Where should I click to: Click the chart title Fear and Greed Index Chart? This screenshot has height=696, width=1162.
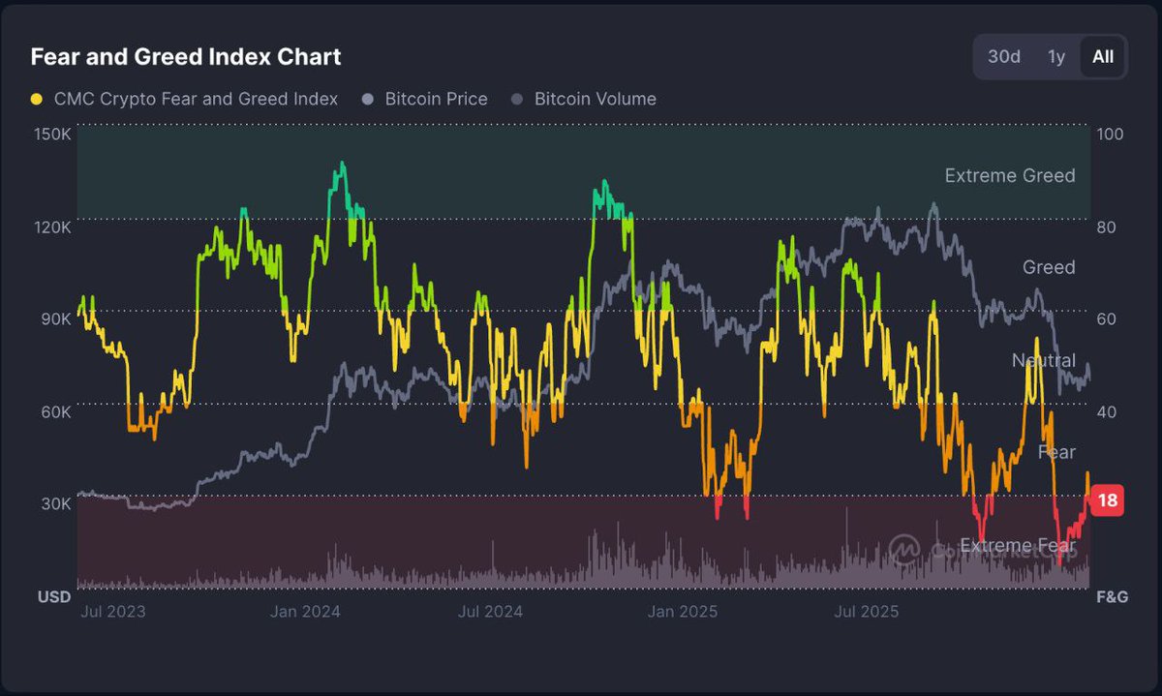coord(185,57)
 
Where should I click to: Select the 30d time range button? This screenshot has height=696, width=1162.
coord(1003,57)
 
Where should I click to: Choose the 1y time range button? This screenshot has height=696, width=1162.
coord(1055,57)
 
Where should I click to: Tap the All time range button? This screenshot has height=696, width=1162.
coord(1102,57)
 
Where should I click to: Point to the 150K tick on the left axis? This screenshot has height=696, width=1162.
coord(52,134)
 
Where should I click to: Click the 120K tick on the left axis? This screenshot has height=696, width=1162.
coord(52,227)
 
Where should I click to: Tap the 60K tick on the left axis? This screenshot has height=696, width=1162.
coord(54,412)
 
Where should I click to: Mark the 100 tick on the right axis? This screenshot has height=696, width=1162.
coord(1110,134)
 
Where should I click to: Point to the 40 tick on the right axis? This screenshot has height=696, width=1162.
coord(1106,412)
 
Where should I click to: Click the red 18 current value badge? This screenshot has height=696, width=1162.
coord(1108,500)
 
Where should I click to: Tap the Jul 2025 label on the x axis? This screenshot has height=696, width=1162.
coord(866,612)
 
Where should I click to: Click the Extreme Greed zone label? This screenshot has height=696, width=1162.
coord(1009,175)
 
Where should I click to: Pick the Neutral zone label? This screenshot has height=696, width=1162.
coord(1043,360)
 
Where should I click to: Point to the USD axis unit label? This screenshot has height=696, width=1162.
coord(54,597)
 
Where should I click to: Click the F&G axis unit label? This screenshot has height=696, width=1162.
coord(1112,597)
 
